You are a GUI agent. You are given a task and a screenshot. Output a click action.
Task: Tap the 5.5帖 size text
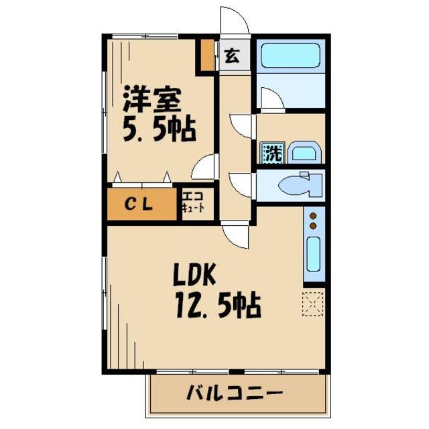158,128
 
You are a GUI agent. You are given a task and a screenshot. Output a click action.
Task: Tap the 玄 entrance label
231,56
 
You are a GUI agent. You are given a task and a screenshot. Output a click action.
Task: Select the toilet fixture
301,184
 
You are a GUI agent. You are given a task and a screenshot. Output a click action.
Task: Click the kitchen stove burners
313,221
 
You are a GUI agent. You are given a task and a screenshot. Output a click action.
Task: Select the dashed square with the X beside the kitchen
313,302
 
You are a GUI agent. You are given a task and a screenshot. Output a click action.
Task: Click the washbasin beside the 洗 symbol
304,153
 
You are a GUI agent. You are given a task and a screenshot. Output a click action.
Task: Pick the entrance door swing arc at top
235,20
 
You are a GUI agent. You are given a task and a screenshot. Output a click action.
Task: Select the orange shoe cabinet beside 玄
208,56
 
